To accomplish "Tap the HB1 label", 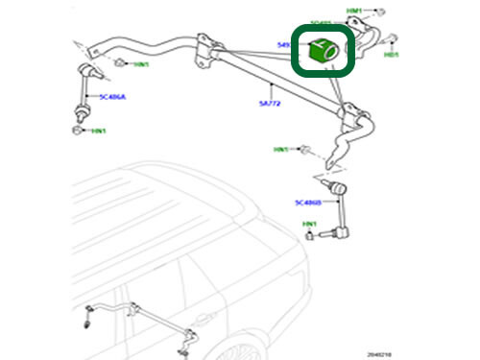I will click(391, 56).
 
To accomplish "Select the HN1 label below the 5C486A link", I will click(97, 130).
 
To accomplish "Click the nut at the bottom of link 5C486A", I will click(76, 128).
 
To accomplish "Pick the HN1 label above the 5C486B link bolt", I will click(309, 225).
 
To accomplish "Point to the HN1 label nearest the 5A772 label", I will click(280, 150).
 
